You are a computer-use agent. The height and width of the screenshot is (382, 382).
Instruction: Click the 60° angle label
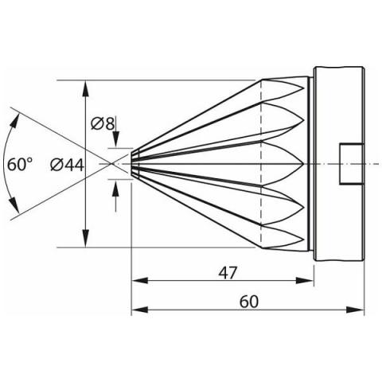[x=20, y=164]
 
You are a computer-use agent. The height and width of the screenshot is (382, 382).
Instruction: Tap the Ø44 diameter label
[x=67, y=165]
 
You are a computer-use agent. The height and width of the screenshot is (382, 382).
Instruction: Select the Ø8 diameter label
[x=103, y=123]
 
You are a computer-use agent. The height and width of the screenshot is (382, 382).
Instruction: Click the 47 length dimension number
[x=228, y=273]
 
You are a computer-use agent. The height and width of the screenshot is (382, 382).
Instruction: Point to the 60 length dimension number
[x=248, y=302]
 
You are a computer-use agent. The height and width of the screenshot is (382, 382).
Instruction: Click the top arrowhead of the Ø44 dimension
[x=85, y=89]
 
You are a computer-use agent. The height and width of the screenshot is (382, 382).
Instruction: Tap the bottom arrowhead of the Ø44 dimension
[x=85, y=239]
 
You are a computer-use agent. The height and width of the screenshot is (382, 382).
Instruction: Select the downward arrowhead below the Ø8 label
[x=116, y=138]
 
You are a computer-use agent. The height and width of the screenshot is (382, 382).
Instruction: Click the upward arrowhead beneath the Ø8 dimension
[x=115, y=188]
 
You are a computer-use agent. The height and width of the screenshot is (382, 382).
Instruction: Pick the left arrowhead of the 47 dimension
[x=140, y=280]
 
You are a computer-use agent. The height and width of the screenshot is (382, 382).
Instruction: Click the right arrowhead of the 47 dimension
[x=305, y=280]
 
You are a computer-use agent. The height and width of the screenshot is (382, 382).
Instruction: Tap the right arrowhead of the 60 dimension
[x=356, y=310]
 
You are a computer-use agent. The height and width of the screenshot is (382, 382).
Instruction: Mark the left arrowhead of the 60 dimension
[x=140, y=310]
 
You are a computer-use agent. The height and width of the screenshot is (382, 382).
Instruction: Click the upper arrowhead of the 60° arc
[x=15, y=121]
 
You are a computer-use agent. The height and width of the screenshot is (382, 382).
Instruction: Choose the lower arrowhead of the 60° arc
[x=15, y=205]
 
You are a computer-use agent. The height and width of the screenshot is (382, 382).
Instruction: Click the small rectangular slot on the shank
[x=351, y=164]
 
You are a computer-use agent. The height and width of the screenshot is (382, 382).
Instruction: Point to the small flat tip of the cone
[x=132, y=164]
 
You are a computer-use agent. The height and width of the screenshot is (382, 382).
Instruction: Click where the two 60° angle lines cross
[x=111, y=164]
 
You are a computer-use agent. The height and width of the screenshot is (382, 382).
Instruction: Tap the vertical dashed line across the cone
[x=262, y=164]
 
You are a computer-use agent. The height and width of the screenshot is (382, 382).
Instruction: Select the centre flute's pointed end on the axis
[x=303, y=164]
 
